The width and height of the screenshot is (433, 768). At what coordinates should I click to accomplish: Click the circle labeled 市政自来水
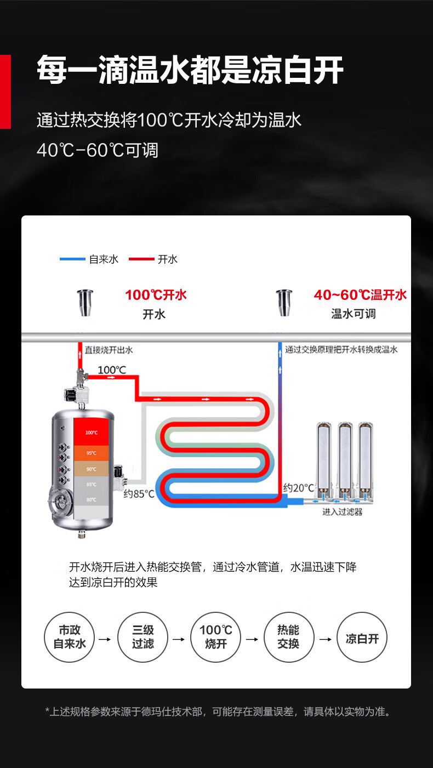pos(70,637)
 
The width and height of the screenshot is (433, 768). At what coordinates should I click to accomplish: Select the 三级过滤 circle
pos(143,637)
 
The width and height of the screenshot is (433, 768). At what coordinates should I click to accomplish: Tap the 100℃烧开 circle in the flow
pos(216,637)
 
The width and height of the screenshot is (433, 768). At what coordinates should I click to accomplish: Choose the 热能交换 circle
pos(288,637)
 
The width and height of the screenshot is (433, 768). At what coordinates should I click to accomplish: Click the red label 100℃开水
pos(156,295)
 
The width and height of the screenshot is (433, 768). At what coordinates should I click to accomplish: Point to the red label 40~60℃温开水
pos(360,295)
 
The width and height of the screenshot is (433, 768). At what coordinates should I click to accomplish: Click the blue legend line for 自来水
pos(72,259)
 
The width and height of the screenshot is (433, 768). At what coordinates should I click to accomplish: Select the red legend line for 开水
pos(141,259)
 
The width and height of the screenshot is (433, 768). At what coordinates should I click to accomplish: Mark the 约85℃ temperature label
pos(139,494)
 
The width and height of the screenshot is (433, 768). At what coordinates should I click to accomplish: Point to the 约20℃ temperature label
pos(299,487)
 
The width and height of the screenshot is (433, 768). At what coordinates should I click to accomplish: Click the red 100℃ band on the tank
pos(92,433)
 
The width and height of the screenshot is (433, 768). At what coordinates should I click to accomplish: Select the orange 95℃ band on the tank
pos(92,453)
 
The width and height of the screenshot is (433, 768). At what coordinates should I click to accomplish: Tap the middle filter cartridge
pos(344,457)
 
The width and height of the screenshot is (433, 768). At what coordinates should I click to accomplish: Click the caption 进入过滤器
pos(342,512)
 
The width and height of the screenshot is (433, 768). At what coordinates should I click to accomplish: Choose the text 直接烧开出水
pos(109,349)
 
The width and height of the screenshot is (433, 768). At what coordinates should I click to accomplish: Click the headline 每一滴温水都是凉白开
pos(190,71)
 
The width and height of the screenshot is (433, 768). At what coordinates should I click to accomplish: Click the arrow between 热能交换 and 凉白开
pos(325,639)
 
